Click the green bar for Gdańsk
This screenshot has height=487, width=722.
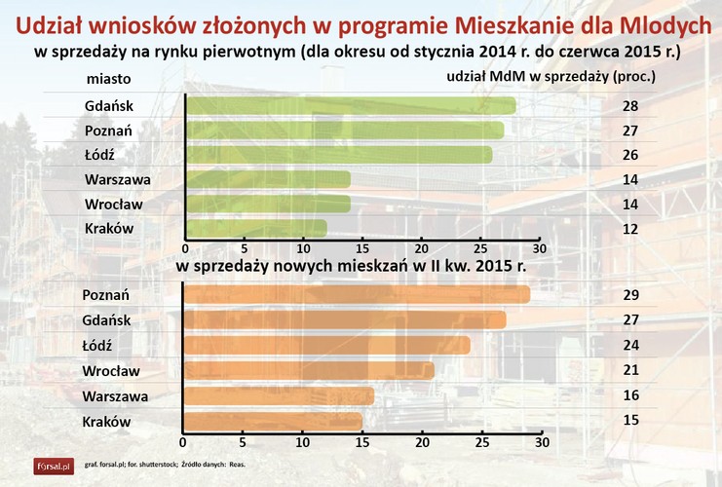(350, 106)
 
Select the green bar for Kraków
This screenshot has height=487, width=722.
(255, 229)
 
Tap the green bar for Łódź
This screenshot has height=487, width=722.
(338, 155)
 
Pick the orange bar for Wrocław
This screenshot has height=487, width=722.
(308, 370)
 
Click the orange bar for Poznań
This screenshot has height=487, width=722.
(356, 294)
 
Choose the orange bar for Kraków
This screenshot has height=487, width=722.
(272, 422)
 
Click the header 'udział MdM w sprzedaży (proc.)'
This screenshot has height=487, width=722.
(551, 75)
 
